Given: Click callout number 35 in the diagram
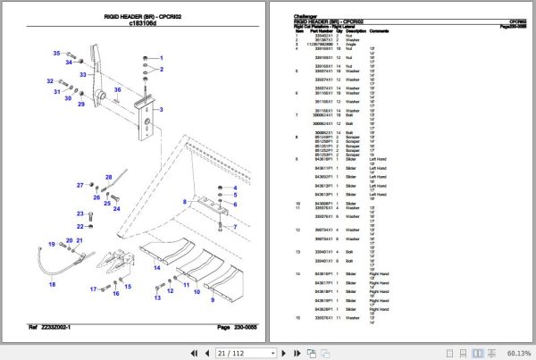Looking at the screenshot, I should [55, 54].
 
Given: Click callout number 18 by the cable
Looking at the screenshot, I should [52, 284].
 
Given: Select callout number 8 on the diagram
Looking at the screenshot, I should [185, 203].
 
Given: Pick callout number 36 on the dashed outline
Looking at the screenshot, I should [117, 89].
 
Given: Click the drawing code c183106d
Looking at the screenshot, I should [145, 26].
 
